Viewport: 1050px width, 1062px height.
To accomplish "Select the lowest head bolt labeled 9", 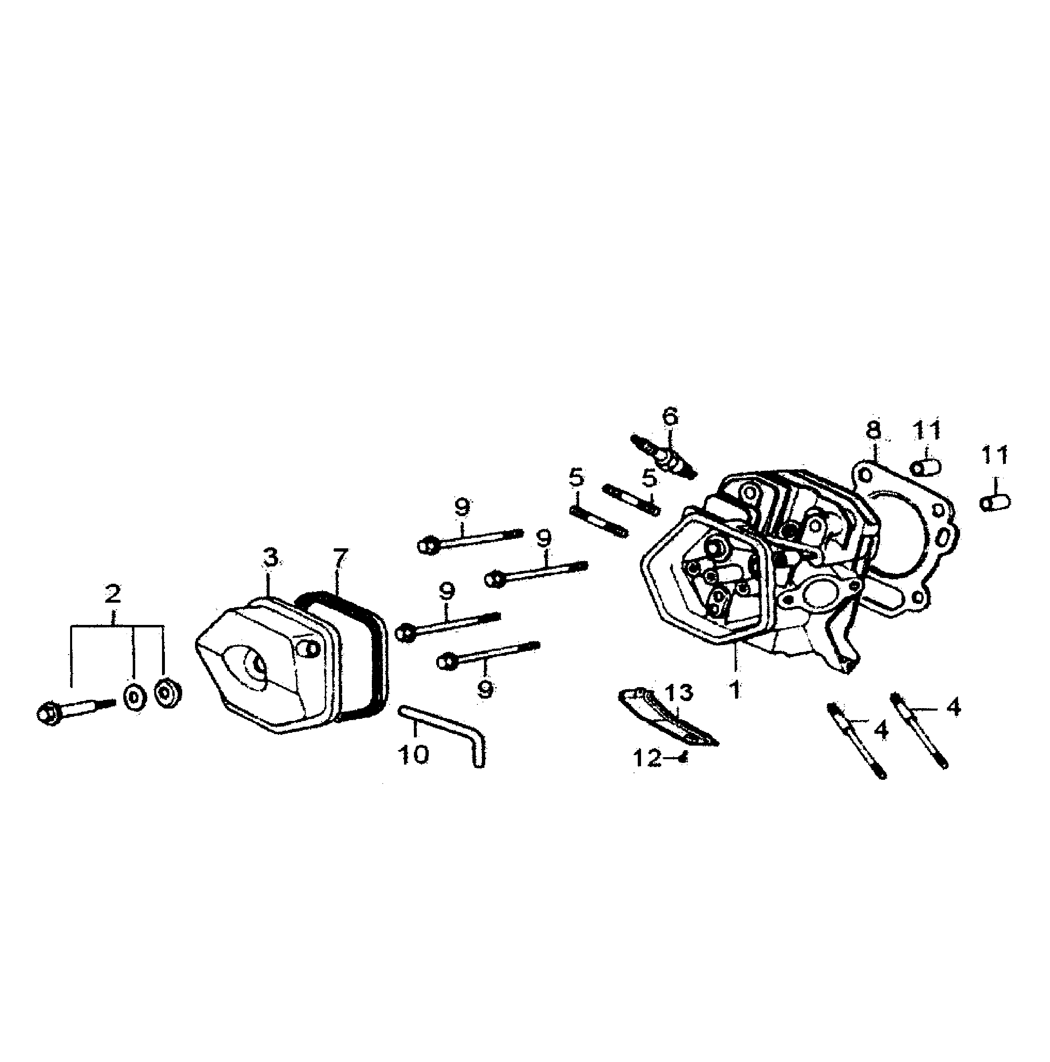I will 487,654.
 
